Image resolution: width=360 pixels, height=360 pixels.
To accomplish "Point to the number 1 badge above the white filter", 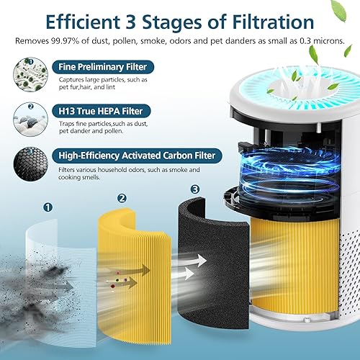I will pyautogui.click(x=48, y=207).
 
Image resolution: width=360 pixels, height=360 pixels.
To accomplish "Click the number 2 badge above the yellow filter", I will pyautogui.click(x=122, y=198).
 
